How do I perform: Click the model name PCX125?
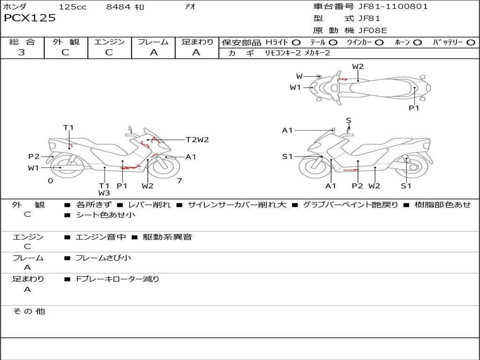point(30,18)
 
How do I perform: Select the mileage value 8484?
point(119,7)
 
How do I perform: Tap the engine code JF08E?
point(372,30)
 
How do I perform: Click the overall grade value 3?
point(22,52)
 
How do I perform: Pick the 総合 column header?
point(22,42)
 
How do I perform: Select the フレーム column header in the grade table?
point(153,42)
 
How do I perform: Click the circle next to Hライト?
point(296,43)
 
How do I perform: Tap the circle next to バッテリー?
point(471,43)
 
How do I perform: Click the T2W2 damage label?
point(197,140)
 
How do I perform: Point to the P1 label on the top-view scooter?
point(413,108)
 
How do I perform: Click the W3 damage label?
point(104,193)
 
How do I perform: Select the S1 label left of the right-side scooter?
point(287,157)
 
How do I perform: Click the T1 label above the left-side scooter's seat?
point(68,127)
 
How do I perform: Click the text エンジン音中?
point(101,237)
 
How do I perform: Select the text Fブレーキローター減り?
point(118,279)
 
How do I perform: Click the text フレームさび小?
point(103,258)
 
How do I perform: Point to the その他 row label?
point(29,311)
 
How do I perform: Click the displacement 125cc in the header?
point(73,7)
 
